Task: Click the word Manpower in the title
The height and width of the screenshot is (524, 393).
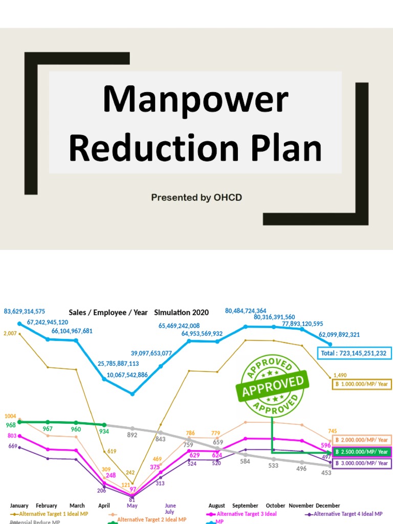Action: (195, 100)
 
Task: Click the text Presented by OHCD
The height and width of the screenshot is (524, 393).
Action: (196, 198)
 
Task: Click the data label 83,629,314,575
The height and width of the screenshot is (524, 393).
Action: (32, 311)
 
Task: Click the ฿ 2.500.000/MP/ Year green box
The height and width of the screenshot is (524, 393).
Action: (362, 452)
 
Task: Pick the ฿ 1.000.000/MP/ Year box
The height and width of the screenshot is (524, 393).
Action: (362, 383)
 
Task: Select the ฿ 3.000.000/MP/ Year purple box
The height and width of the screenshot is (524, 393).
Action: (362, 463)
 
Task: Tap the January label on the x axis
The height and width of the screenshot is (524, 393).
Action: (19, 506)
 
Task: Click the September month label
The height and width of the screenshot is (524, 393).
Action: (246, 506)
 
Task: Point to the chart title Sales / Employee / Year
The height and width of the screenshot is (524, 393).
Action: (108, 312)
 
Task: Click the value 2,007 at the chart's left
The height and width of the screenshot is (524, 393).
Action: (10, 334)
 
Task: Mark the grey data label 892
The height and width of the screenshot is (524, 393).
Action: (133, 435)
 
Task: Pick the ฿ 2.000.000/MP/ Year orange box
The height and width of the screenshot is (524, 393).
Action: (362, 440)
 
